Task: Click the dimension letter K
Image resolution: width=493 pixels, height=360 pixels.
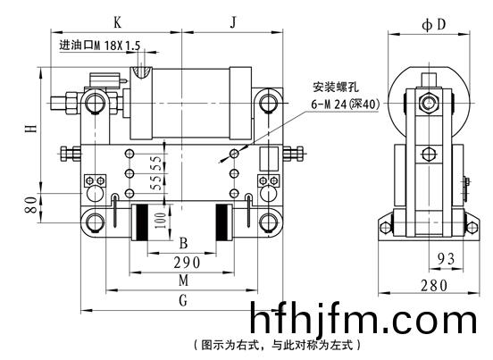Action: coord(117,22)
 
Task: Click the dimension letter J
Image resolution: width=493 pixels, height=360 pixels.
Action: coord(233,22)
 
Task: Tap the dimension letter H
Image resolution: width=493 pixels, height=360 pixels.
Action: coord(31,129)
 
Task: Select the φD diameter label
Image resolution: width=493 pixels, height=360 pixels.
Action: coord(434,24)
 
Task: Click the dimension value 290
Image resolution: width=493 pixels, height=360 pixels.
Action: coord(187,263)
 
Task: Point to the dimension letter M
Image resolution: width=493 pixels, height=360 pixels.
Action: coord(184,280)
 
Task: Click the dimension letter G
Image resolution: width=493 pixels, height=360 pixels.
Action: coord(183,300)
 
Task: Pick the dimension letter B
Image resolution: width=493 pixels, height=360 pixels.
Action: coord(183,243)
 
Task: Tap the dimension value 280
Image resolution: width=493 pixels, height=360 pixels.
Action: coord(434,286)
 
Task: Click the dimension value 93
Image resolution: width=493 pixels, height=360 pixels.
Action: coord(447,259)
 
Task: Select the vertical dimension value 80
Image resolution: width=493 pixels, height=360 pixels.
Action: coord(31,205)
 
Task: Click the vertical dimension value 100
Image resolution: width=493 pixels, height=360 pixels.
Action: coord(160,221)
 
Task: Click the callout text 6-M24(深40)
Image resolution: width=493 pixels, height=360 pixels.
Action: coord(346,104)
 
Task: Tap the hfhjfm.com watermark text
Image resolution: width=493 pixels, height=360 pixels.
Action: coord(363,317)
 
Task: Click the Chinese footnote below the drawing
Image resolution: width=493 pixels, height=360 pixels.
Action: coord(277,345)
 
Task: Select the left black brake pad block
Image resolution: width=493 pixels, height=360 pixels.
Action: coord(141,222)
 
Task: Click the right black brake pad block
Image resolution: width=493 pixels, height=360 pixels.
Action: coord(221,222)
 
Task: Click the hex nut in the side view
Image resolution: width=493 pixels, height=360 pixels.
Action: coord(428,103)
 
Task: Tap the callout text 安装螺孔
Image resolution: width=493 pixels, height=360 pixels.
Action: coord(336,87)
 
